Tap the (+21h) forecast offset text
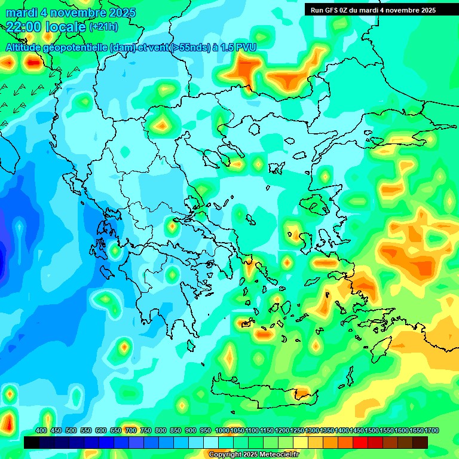point(103,26)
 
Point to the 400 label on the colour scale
point(41,430)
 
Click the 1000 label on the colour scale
point(222,430)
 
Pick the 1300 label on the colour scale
point(312,430)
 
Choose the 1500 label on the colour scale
point(372,430)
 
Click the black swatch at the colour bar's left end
point(32,442)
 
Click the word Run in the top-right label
point(317,10)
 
